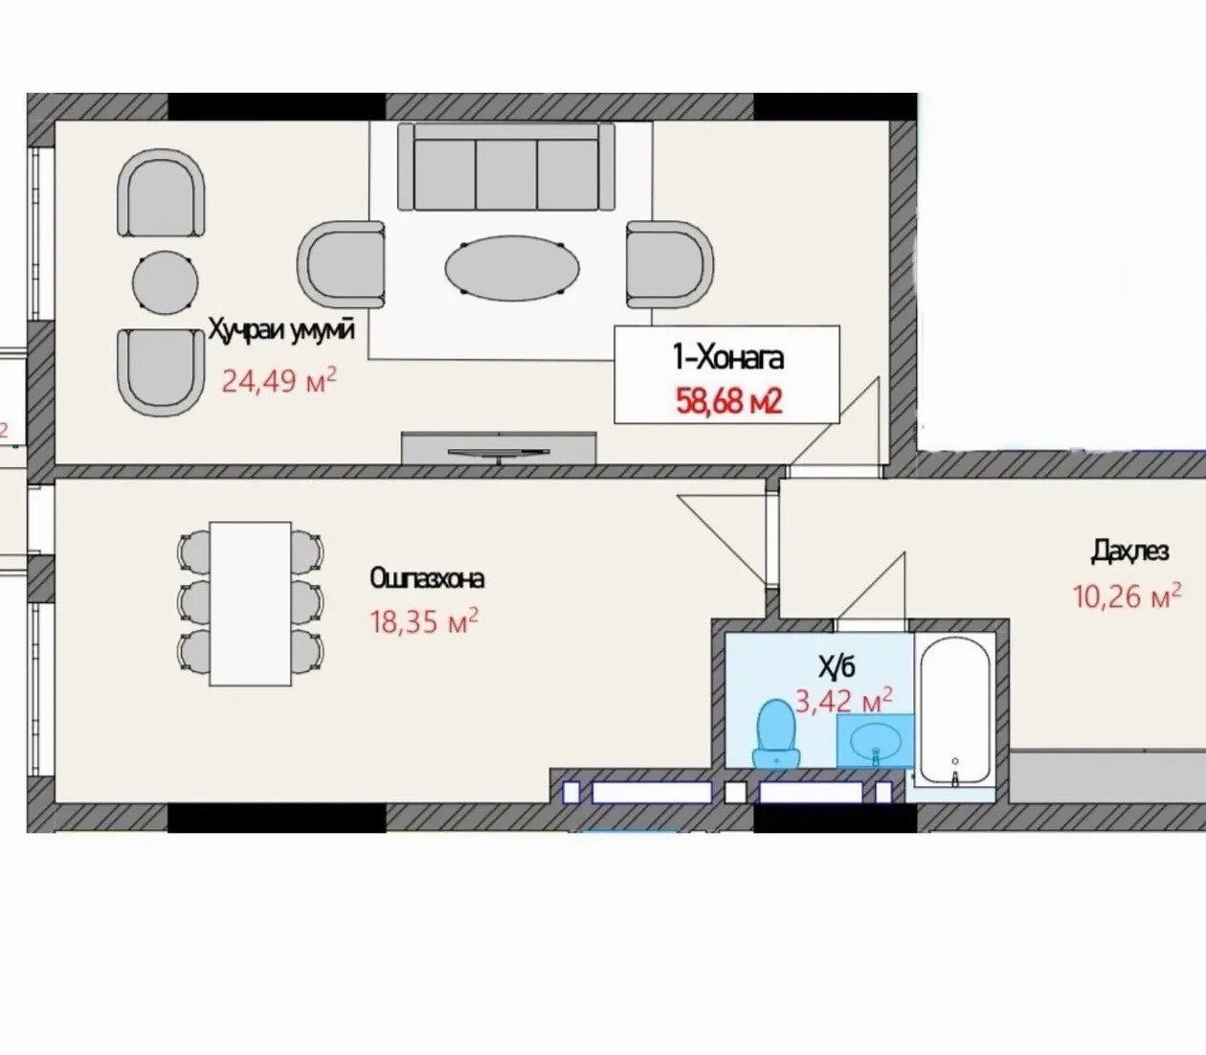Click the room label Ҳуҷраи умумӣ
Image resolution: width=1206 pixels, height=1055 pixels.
(281, 330)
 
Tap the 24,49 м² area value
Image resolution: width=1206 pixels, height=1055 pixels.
(279, 380)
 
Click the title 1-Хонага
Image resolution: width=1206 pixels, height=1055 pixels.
(728, 358)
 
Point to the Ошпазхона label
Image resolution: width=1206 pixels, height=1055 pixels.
(427, 579)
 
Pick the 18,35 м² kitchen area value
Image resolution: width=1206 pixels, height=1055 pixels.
(424, 621)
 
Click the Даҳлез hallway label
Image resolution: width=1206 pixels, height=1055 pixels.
(1130, 552)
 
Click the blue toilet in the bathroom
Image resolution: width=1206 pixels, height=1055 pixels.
(777, 733)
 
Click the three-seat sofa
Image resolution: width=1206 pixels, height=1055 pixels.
(506, 167)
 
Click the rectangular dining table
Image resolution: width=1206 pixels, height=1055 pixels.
(251, 603)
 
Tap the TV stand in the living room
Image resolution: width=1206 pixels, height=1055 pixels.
(499, 447)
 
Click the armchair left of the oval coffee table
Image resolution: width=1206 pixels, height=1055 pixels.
(342, 264)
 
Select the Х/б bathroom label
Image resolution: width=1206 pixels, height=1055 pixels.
(836, 666)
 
